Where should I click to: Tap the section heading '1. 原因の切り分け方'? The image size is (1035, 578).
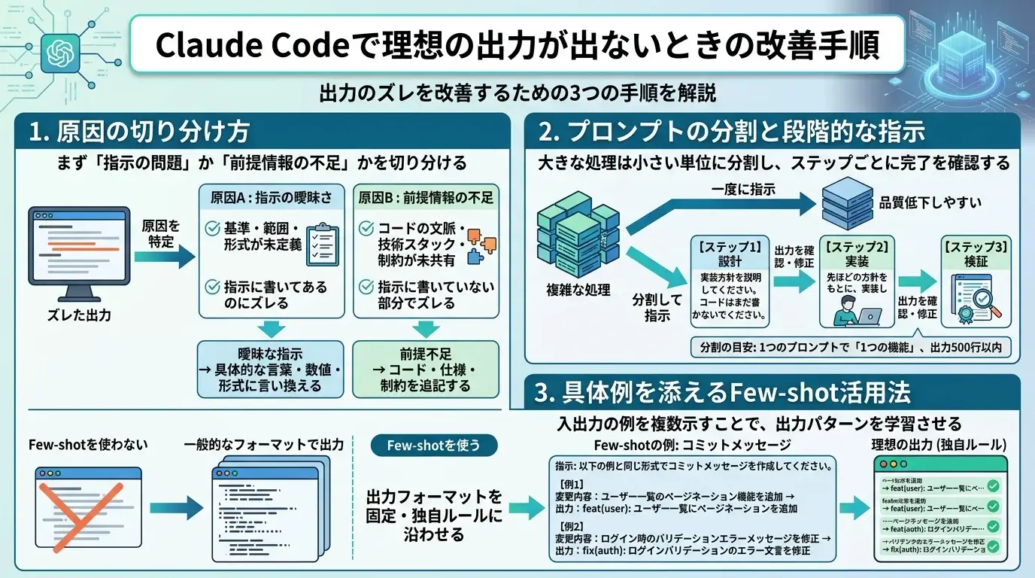coord(138,133)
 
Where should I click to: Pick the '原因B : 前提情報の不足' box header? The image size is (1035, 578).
coord(426,198)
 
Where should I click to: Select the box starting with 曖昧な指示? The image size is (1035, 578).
coord(270,369)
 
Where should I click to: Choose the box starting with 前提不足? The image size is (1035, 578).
coord(426,369)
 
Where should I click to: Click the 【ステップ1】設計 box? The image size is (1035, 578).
coord(730,281)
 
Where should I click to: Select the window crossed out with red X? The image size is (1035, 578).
coord(89,507)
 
